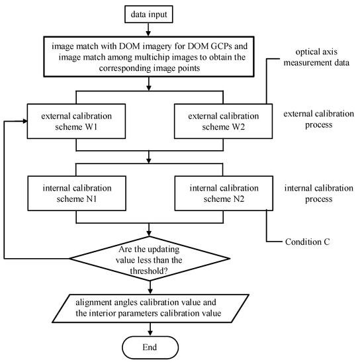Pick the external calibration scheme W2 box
[x=220, y=121]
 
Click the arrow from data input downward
[x=152, y=30]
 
